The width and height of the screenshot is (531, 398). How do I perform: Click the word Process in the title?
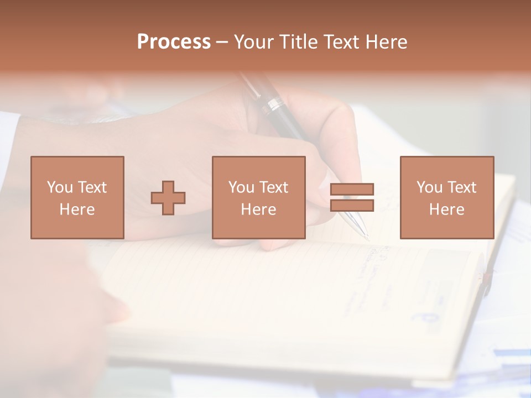[x=174, y=42]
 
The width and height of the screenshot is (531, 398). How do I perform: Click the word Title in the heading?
[x=298, y=42]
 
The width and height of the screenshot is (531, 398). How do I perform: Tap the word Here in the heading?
[x=386, y=42]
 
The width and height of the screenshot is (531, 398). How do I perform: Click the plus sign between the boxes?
[x=168, y=197]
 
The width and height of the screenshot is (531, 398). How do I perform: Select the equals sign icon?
[x=352, y=197]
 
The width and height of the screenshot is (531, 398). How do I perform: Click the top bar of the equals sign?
[x=352, y=189]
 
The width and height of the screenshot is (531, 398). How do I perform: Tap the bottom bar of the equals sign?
[x=352, y=205]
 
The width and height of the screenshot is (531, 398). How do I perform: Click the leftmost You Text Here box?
[x=77, y=197]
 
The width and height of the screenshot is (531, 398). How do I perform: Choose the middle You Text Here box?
[x=258, y=197]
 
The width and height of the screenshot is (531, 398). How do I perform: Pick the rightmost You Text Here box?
[x=446, y=197]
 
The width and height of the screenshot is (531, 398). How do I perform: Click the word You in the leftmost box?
[x=59, y=187]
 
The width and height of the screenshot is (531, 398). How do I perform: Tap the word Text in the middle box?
[x=274, y=187]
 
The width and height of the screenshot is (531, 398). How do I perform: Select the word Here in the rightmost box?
[x=446, y=209]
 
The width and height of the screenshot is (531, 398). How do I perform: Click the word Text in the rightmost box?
[x=462, y=187]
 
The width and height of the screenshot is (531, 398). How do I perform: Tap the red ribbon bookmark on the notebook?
[x=486, y=282]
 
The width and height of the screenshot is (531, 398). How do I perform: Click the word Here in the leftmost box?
[x=77, y=209]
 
